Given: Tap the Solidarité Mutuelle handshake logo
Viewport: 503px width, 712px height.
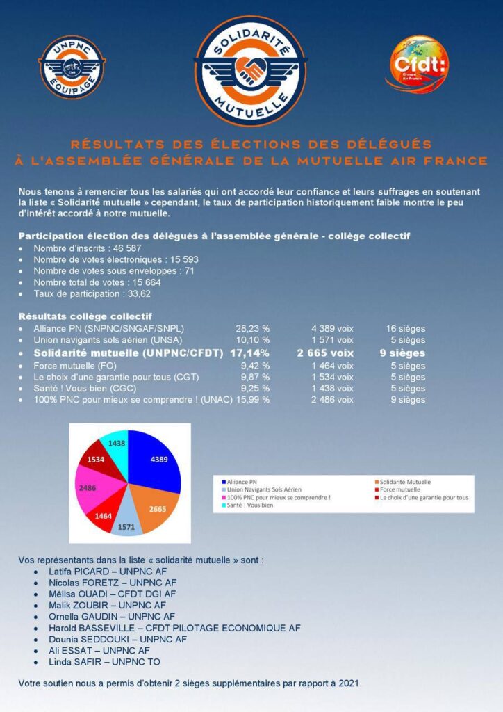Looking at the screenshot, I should [251, 70].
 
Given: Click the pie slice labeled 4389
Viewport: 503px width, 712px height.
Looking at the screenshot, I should [155, 462].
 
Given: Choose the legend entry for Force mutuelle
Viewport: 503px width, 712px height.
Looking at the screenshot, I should [395, 489].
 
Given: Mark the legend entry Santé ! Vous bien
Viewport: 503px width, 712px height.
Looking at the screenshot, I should [248, 505].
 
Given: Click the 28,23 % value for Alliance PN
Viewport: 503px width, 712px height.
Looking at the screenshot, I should [253, 329].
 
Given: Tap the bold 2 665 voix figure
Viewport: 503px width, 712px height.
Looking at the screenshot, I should [325, 353].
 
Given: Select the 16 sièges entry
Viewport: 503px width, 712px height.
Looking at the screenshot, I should [406, 329].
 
